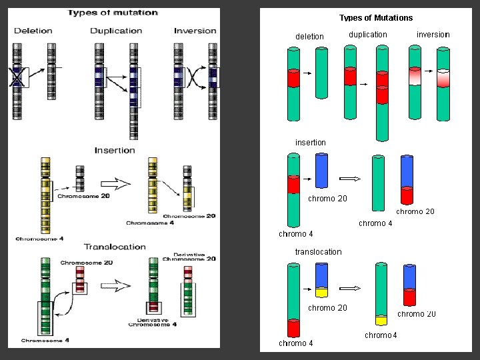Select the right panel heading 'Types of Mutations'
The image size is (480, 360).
pyautogui.click(x=376, y=18)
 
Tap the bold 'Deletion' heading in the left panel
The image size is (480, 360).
pyautogui.click(x=33, y=31)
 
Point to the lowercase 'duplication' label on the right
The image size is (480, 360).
pyautogui.click(x=367, y=35)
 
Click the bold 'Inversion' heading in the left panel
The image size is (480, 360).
pyautogui.click(x=195, y=31)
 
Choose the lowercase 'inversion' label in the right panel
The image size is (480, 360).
pyautogui.click(x=433, y=35)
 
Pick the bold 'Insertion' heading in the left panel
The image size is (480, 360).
pyautogui.click(x=115, y=150)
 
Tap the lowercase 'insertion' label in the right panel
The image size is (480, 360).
pyautogui.click(x=311, y=143)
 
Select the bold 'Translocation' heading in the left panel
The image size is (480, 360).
pyautogui.click(x=115, y=247)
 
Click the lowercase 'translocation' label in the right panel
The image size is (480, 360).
pyautogui.click(x=318, y=252)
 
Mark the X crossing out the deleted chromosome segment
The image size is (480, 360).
pyautogui.click(x=18, y=77)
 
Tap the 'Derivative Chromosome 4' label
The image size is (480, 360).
pyautogui.click(x=153, y=322)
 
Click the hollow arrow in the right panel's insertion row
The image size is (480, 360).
pyautogui.click(x=349, y=179)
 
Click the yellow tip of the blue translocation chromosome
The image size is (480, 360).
pyautogui.click(x=322, y=291)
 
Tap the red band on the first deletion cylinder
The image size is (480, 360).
pyautogui.click(x=294, y=78)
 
